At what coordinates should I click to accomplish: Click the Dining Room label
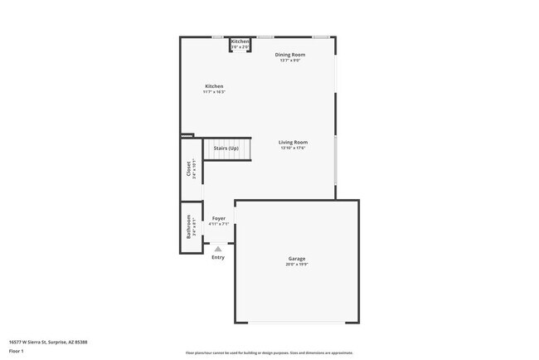coord(290,55)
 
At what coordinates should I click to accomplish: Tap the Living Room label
coord(293,142)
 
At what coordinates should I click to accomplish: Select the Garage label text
coord(297,259)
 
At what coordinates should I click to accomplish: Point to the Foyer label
coord(219,218)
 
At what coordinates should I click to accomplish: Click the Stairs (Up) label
coord(226,148)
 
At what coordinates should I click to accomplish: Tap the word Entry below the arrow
coord(218,257)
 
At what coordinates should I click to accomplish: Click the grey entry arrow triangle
coord(218,248)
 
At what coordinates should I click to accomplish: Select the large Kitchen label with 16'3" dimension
coord(214,86)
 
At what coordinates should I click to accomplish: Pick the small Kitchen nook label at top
coord(240,41)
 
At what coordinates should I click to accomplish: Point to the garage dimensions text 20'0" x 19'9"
coord(297,265)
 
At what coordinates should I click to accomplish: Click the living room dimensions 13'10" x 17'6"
coord(293,148)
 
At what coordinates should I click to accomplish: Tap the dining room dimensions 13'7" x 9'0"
coord(290,61)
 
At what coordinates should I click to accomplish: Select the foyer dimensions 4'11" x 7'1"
coord(219,224)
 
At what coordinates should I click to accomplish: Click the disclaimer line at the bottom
coord(269,353)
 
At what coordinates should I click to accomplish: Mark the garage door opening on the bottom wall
coord(297,323)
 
